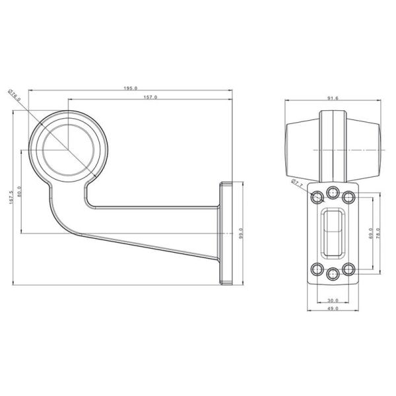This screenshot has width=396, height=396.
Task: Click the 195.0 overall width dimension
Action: (131, 88)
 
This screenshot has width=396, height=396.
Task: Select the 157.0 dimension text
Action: (150, 98)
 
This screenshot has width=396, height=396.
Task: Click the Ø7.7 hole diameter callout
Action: (296, 184)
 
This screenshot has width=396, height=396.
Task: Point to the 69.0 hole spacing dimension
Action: (372, 232)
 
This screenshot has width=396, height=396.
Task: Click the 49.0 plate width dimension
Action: (333, 308)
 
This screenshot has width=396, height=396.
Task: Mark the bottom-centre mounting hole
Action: (333, 274)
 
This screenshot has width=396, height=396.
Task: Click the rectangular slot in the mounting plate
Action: (333, 232)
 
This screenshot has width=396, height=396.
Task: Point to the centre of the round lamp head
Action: (67, 146)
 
